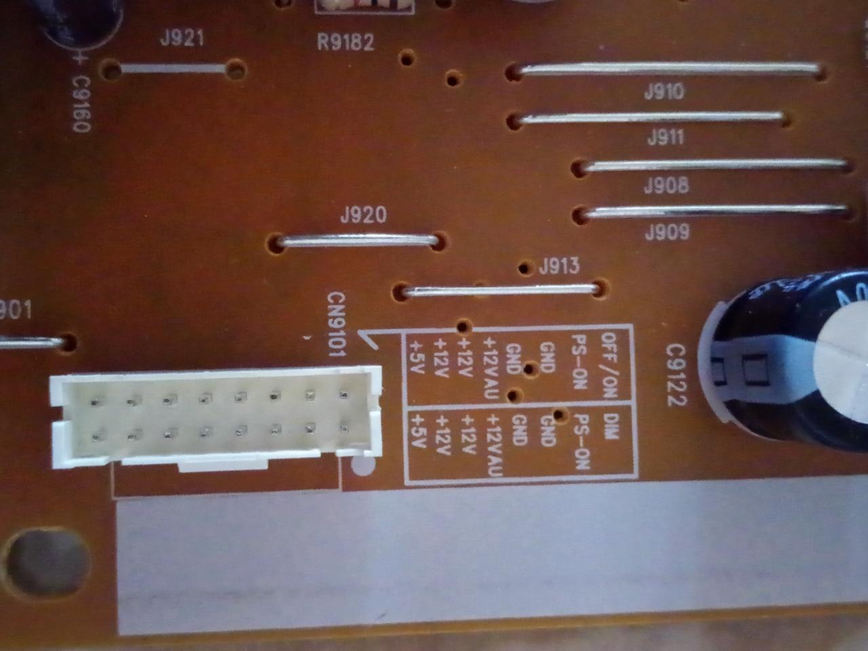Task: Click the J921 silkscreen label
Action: pos(182,38)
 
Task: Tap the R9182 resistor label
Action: pos(345,43)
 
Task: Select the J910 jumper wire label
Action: pos(664,92)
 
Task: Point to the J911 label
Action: pos(665,138)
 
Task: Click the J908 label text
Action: pos(666,185)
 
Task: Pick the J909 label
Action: pos(667,233)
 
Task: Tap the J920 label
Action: pos(363,216)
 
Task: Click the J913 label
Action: pos(559,266)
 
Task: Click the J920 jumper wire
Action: pos(358,239)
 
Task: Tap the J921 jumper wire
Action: pos(173,68)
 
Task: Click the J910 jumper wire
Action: pos(668,68)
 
